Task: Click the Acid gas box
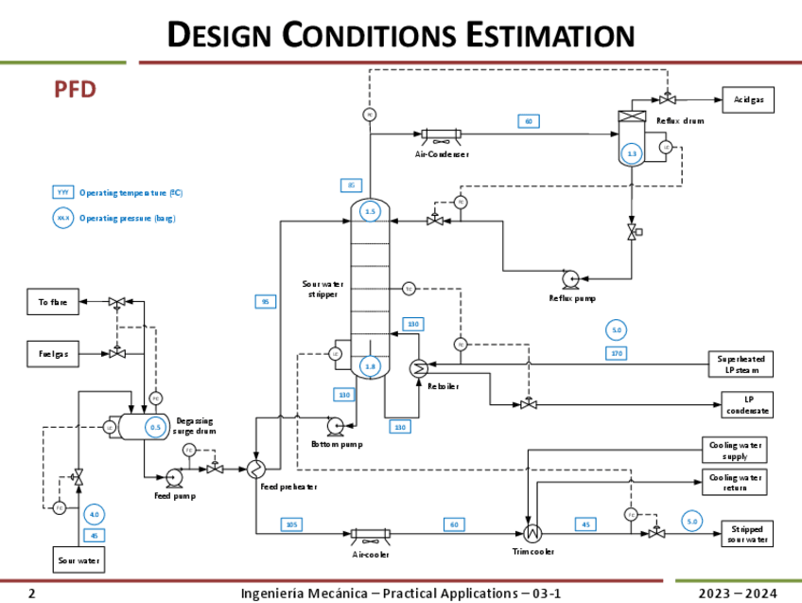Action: coord(748,99)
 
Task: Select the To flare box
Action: coord(52,303)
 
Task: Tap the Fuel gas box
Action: coord(52,354)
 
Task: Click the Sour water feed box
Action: coord(78,560)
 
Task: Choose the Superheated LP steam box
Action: coord(741,364)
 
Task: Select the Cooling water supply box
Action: coord(734,450)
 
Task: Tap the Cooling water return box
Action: coord(734,482)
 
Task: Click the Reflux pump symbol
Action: coord(570,278)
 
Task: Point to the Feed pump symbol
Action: coord(174,476)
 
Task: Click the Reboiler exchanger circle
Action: coord(418,370)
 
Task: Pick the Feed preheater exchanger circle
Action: coord(256,469)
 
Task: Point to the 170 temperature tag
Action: coord(618,353)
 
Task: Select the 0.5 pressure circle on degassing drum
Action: coord(156,428)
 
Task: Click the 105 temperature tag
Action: coord(291,524)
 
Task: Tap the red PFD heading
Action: coord(75,90)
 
